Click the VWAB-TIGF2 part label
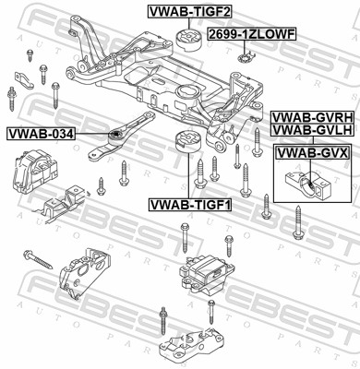pyautogui.click(x=189, y=11)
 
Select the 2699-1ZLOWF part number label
pyautogui.click(x=252, y=34)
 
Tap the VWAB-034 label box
pyautogui.click(x=41, y=134)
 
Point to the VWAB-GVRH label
pyautogui.click(x=313, y=118)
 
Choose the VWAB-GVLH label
pyautogui.click(x=313, y=130)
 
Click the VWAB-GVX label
pyautogui.click(x=313, y=152)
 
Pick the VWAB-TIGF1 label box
pyautogui.click(x=190, y=205)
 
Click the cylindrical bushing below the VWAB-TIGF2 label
pyautogui.click(x=188, y=40)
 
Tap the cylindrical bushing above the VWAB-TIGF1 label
pyautogui.click(x=187, y=141)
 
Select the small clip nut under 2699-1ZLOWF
pyautogui.click(x=246, y=56)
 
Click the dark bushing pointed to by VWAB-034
pyautogui.click(x=115, y=136)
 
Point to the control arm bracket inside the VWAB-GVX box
pyautogui.click(x=307, y=184)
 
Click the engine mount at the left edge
pyautogui.click(x=34, y=171)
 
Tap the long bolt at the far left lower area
pyautogui.click(x=38, y=259)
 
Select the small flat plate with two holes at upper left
pyautogui.click(x=24, y=80)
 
